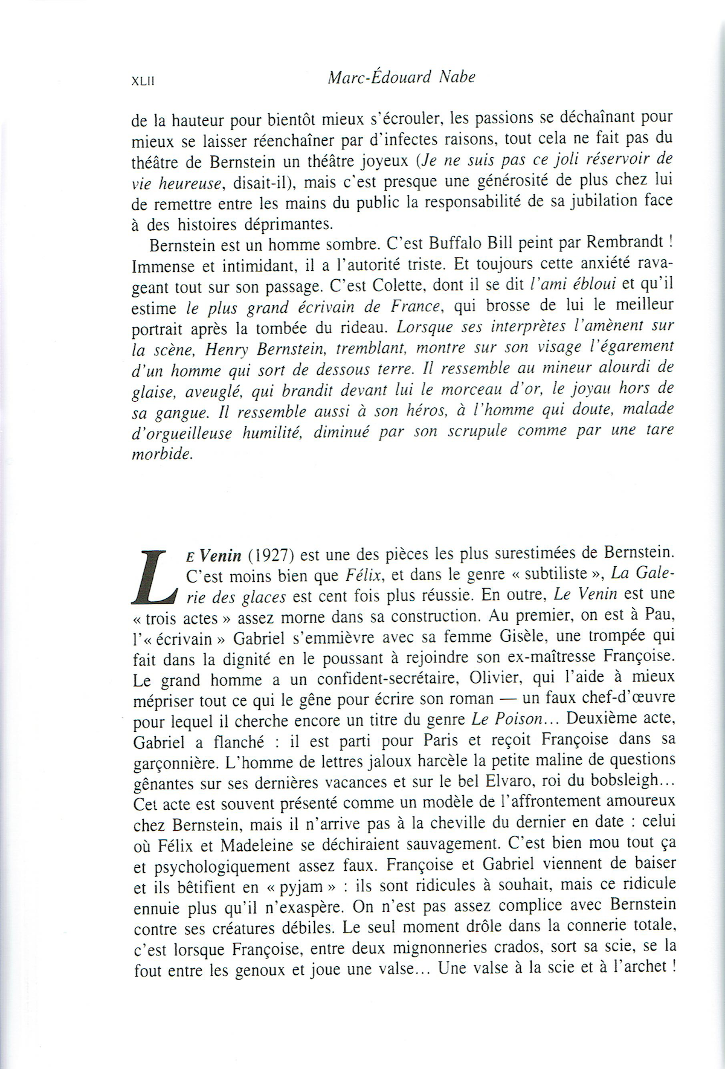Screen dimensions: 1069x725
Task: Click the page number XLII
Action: coord(143,82)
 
